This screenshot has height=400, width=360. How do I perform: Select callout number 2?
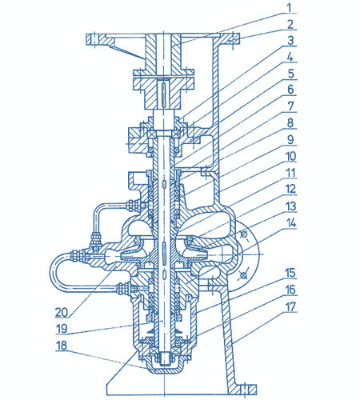click(x=290, y=24)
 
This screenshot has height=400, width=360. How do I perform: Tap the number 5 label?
click(x=290, y=74)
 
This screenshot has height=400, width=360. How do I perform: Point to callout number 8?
click(x=290, y=122)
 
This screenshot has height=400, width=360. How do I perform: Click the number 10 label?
click(x=290, y=156)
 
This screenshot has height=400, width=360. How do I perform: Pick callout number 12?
click(x=290, y=189)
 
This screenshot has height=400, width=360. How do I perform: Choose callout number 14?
click(x=290, y=223)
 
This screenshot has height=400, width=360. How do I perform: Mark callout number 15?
click(x=290, y=273)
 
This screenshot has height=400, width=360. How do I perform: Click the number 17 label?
click(x=290, y=306)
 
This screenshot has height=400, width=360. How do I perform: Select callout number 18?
click(x=62, y=345)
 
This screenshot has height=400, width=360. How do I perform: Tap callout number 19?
click(x=62, y=328)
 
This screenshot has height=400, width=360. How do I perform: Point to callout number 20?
click(x=62, y=312)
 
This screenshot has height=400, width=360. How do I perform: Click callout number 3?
click(x=290, y=40)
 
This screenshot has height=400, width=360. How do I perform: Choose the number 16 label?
click(x=290, y=290)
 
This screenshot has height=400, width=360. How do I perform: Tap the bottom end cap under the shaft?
click(x=164, y=363)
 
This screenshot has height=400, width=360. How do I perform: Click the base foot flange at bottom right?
click(x=243, y=390)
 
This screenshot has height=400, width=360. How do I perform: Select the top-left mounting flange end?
click(x=93, y=39)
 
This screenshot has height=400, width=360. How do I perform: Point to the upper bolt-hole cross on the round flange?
click(x=244, y=234)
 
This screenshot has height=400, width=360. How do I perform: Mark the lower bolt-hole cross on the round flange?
click(x=242, y=275)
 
